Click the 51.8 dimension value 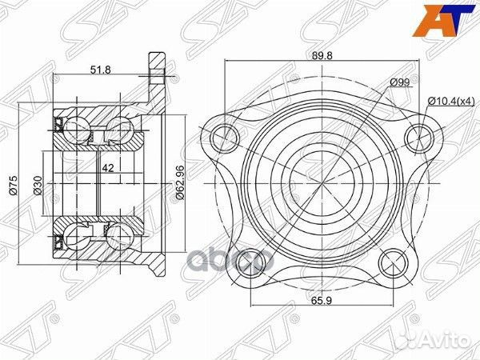[x=100, y=70]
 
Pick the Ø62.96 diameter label [x=181, y=182]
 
